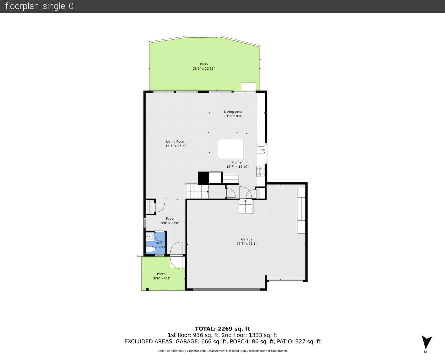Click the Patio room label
[204, 64]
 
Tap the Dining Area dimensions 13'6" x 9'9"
[233, 116]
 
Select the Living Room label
[175, 141]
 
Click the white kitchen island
[230, 149]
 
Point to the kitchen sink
[261, 150]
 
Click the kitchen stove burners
[261, 171]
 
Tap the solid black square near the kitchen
[203, 178]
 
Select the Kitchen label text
[237, 162]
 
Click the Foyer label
[170, 219]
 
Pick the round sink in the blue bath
[149, 237]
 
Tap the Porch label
[161, 274]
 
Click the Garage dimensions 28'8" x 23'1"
[247, 244]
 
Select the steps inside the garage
[246, 206]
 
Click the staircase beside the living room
[197, 191]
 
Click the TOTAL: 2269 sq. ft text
[222, 329]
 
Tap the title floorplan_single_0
[39, 6]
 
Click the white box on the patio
[249, 87]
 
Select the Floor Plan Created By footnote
[222, 351]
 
